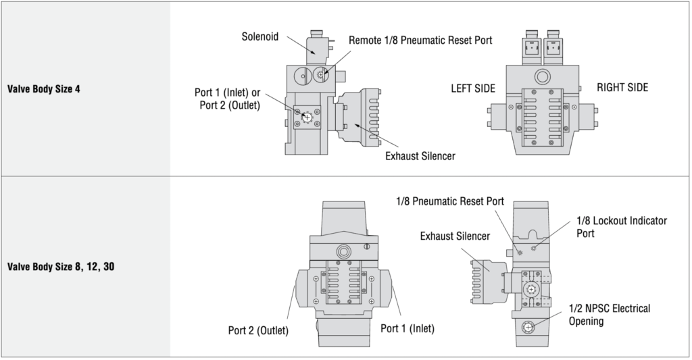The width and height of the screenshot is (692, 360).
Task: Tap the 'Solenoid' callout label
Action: click(260, 36)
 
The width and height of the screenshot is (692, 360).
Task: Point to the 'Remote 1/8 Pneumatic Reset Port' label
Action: click(420, 41)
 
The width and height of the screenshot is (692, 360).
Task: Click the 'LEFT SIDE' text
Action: click(473, 88)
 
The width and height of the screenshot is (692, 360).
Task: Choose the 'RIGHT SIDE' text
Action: click(622, 87)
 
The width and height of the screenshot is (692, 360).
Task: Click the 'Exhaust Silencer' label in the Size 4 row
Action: click(420, 156)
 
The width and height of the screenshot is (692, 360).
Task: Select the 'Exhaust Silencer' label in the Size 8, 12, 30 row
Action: click(455, 236)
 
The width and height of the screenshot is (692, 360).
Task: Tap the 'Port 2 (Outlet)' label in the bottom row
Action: click(258, 330)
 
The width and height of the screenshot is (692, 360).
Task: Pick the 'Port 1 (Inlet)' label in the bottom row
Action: click(407, 328)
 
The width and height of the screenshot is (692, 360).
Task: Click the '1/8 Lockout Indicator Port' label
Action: click(621, 226)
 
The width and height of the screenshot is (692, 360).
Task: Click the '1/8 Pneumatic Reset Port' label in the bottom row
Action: click(450, 201)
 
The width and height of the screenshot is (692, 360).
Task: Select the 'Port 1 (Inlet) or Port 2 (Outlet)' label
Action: click(227, 99)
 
